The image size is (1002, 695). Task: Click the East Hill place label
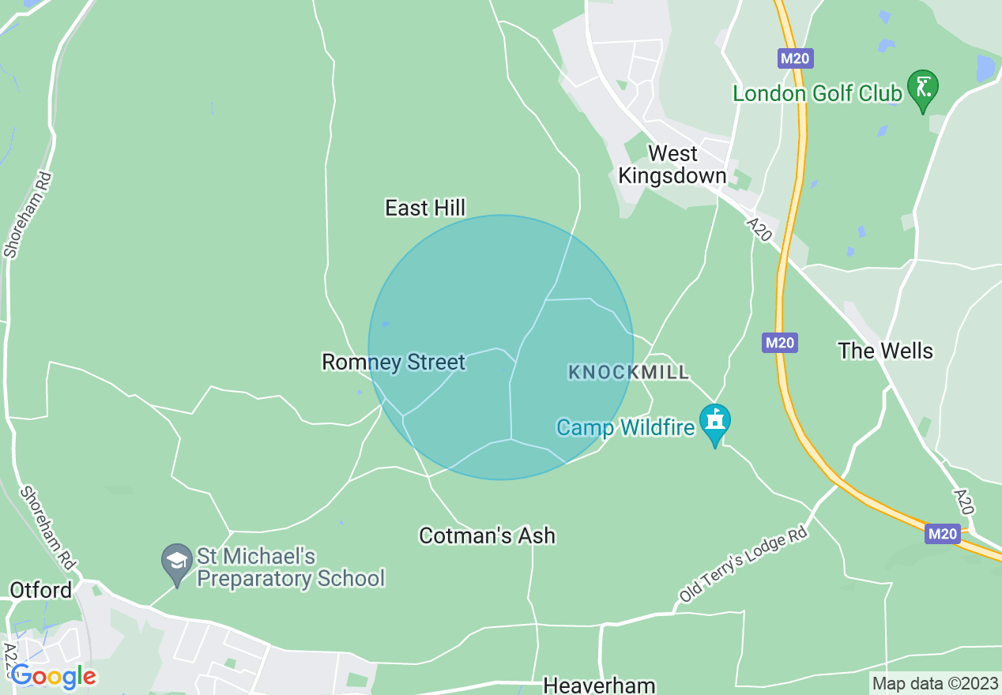[x=425, y=208]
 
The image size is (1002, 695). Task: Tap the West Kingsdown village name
[x=672, y=164]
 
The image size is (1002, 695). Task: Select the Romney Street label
[x=394, y=363]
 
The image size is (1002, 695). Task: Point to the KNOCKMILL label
[x=628, y=372]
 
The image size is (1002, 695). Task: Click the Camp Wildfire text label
[x=625, y=427]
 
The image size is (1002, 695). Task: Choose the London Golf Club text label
[x=817, y=93]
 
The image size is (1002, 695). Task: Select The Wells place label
[x=885, y=351]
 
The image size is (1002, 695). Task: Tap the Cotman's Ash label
[x=487, y=535]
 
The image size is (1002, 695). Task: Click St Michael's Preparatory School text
[x=290, y=567]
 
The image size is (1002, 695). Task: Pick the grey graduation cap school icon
[x=177, y=562]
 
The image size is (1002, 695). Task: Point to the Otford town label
[x=41, y=590]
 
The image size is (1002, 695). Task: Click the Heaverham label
[x=599, y=685]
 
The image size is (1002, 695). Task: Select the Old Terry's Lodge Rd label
[x=744, y=565]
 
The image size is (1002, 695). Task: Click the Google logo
[x=54, y=676]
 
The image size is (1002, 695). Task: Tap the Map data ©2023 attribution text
[x=934, y=683]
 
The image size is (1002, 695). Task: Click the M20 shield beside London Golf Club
[x=796, y=58]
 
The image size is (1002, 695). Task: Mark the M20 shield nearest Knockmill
[x=780, y=343]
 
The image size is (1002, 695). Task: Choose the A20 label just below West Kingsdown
[x=759, y=230]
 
